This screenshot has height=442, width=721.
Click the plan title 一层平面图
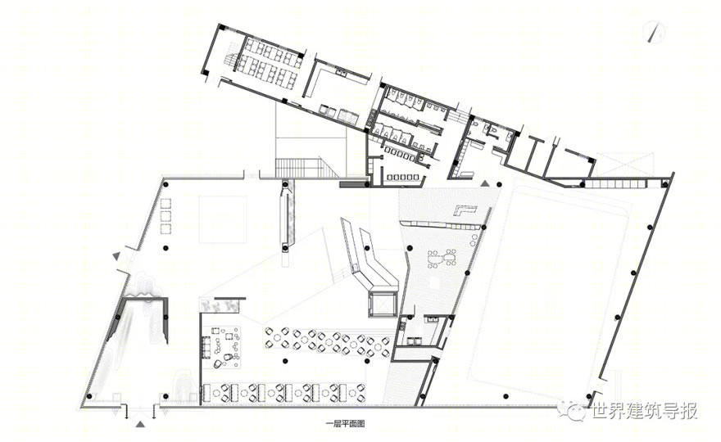(x=345, y=425)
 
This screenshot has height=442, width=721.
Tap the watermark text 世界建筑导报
(x=645, y=411)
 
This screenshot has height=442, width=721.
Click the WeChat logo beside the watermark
(x=572, y=410)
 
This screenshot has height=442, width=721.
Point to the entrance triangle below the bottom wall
(x=141, y=424)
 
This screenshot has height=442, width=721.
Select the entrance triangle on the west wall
(x=116, y=255)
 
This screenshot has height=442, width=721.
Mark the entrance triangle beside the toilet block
(x=485, y=183)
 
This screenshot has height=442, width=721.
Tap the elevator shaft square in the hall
(x=382, y=304)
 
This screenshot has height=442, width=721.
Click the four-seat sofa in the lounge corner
(x=205, y=347)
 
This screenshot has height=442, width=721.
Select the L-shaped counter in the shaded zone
(x=466, y=210)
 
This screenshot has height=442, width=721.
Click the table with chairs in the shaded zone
(x=441, y=258)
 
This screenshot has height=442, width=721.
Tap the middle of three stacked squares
(x=166, y=216)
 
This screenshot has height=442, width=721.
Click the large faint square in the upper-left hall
(x=223, y=219)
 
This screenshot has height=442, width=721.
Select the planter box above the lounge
(x=220, y=305)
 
